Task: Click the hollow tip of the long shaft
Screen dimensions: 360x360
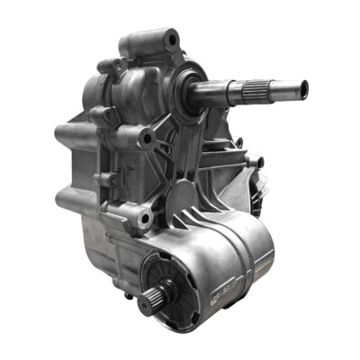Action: point(304,88)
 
